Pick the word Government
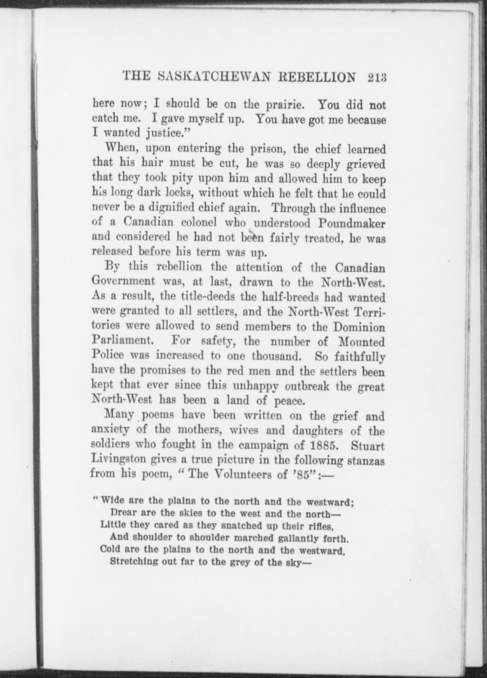(x=123, y=281)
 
